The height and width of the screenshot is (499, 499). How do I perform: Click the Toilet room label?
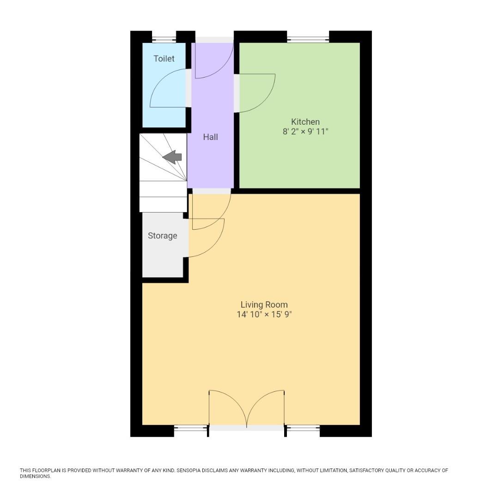164,59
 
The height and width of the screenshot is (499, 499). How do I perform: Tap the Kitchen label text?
305,122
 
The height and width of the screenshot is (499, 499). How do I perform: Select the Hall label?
210,137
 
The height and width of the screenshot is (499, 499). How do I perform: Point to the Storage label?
162,236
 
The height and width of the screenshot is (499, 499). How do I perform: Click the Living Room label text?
264,304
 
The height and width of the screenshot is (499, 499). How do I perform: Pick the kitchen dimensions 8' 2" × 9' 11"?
305,132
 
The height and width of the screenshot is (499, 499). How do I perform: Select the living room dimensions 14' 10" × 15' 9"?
264,315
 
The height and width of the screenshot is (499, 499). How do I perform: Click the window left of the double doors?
190,429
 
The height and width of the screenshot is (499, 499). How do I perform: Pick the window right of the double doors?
303,429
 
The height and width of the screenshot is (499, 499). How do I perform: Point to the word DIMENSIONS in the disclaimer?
35,476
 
